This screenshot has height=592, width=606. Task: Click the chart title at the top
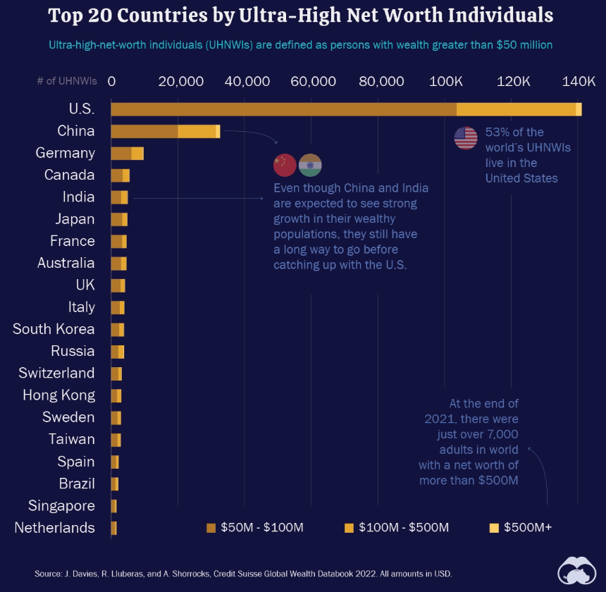301,16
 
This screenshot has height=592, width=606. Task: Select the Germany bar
127,153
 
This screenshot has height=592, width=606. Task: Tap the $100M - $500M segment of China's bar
197,131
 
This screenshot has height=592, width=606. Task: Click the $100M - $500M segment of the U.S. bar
516,109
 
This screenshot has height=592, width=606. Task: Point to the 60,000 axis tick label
313,82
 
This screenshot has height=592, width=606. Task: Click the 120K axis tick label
514,82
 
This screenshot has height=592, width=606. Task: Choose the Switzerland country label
56,374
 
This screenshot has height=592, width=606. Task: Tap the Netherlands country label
54,528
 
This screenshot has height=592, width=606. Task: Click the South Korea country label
54,329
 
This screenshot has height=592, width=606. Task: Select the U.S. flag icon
466,138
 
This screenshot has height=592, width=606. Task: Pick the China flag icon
285,165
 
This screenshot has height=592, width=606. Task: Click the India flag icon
310,165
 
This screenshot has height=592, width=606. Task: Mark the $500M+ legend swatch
494,528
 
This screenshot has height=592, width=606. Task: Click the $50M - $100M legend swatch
211,528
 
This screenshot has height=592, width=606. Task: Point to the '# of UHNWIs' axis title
67,82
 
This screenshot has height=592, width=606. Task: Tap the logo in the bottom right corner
577,569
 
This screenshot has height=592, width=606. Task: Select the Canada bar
120,175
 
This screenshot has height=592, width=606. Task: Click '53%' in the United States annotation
497,132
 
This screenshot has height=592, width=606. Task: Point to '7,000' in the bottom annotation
500,434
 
